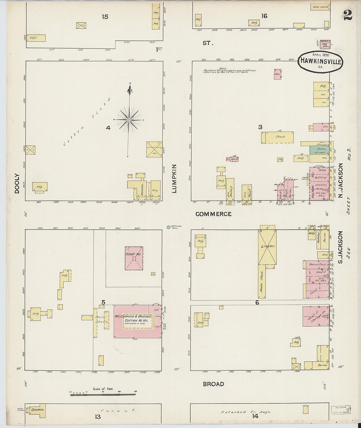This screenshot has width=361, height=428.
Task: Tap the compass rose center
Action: pos(129,120)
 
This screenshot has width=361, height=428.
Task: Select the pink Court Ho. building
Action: pos(134,258)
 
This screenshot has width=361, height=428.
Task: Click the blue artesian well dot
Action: pos(168,227)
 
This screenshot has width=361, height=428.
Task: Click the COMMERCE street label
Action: pos(213,214)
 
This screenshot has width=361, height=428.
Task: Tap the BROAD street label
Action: pos(213,384)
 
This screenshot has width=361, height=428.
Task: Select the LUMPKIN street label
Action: pos(174,179)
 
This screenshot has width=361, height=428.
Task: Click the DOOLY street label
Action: pos(17,183)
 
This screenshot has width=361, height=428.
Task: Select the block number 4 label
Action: pos(108,128)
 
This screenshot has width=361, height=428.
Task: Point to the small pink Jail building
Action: pos(278,74)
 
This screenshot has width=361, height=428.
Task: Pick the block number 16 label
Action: pos(265,16)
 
